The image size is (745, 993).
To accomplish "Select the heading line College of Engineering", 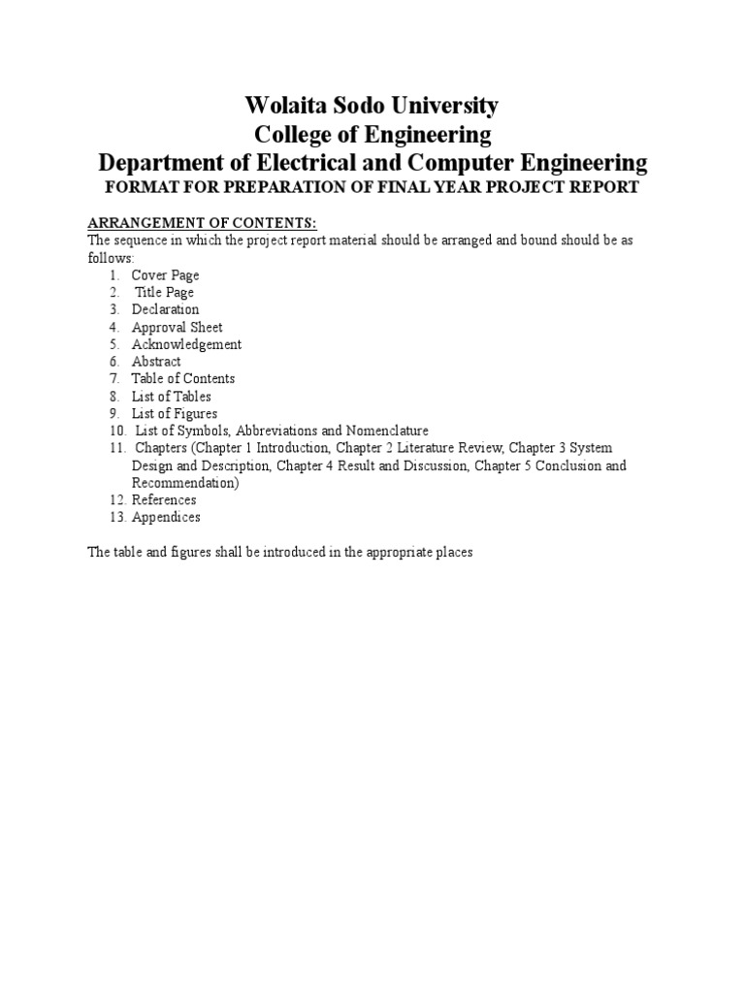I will coord(372,134).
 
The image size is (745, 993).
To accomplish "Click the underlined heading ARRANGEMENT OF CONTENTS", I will coord(203,223).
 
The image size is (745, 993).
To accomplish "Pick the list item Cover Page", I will coord(165,275).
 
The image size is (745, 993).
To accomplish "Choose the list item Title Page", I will coord(164,293).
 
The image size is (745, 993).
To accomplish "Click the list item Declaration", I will coord(165,310).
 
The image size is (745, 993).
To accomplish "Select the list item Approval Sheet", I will coord(177,328).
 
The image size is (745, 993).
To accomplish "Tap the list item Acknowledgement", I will coord(186,344).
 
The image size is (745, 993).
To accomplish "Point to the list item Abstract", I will coord(156,362).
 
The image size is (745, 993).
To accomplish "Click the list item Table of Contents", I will coord(183,379).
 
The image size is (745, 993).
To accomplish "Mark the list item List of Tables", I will coord(171,397).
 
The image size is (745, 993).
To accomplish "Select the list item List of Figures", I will coord(175,414).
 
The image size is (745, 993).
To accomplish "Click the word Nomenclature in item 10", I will coord(381,431).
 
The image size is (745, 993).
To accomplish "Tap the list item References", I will coord(164,500).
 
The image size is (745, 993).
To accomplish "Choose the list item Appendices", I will coord(166,518).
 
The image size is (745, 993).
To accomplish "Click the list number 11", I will coord(117,448).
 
